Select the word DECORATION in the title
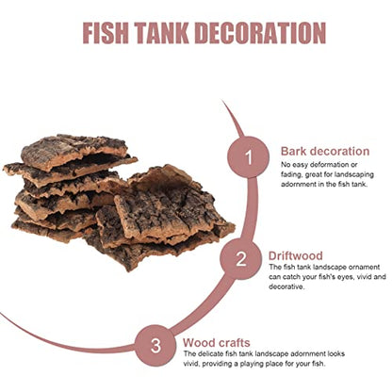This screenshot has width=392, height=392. tap(260, 33)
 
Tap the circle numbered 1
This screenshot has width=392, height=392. tap(249, 157)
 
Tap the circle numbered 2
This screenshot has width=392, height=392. tap(241, 259)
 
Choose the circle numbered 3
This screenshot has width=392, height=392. tap(155, 346)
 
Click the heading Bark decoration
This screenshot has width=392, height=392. tap(325, 151)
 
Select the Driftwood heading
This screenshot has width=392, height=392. tap(296, 255)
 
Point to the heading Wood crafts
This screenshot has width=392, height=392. tap(217, 342)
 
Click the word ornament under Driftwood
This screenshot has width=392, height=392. tap(364, 267)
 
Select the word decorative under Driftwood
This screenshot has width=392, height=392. tap(286, 286)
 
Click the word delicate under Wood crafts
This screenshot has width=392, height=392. tap(210, 353)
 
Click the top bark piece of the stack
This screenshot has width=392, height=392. tap(74, 152)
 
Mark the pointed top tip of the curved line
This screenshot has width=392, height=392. tap(222, 101)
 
